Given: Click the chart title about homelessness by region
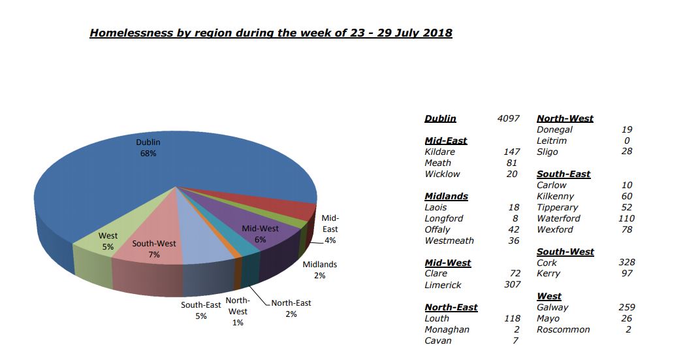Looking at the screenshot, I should pos(270,33).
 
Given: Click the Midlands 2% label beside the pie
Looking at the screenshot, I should pos(319,270).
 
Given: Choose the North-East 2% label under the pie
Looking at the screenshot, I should pos(291,308).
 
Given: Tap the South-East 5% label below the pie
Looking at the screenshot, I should pos(200,310).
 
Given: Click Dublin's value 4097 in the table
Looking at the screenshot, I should pos(508,118).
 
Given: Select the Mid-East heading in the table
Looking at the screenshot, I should pos(446,140).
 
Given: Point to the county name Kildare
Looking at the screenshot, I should pos(439,152).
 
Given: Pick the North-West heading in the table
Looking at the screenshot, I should pos(565,118).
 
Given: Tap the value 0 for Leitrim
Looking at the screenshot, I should pos(627,140).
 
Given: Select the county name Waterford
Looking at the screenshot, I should pos(558,218).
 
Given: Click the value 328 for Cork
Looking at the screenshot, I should pos(626,263).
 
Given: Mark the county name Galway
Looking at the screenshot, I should pos(552,307).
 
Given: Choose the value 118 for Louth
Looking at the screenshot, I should pos(512,318).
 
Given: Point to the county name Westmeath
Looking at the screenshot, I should pos(449,240).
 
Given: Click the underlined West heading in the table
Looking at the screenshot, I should pos(548,296).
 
